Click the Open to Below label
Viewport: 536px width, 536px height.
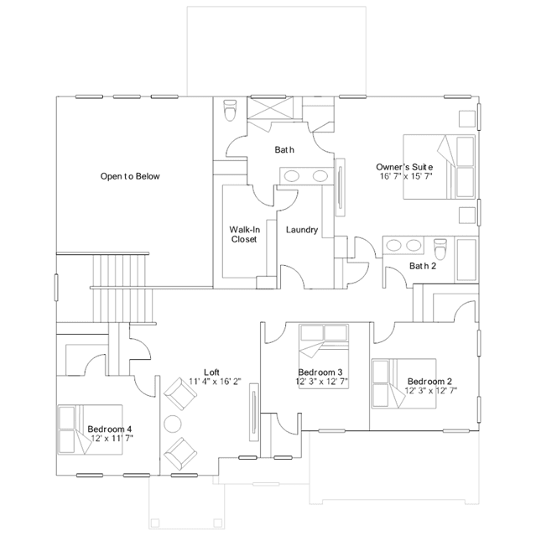[130, 176]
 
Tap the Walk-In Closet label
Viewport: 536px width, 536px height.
[243, 233]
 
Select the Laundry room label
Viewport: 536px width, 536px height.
[301, 230]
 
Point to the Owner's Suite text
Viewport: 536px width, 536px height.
[404, 167]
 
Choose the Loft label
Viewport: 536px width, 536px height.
[212, 372]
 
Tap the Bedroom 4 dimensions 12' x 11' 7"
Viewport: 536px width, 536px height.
[112, 438]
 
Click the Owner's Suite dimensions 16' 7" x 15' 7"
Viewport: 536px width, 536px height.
[405, 176]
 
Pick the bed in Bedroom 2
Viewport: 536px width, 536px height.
[404, 384]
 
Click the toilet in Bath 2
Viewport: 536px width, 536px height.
[440, 250]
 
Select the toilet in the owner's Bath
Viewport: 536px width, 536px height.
[232, 110]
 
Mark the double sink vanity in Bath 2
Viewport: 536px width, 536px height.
[403, 246]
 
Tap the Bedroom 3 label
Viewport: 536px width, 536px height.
[320, 372]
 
